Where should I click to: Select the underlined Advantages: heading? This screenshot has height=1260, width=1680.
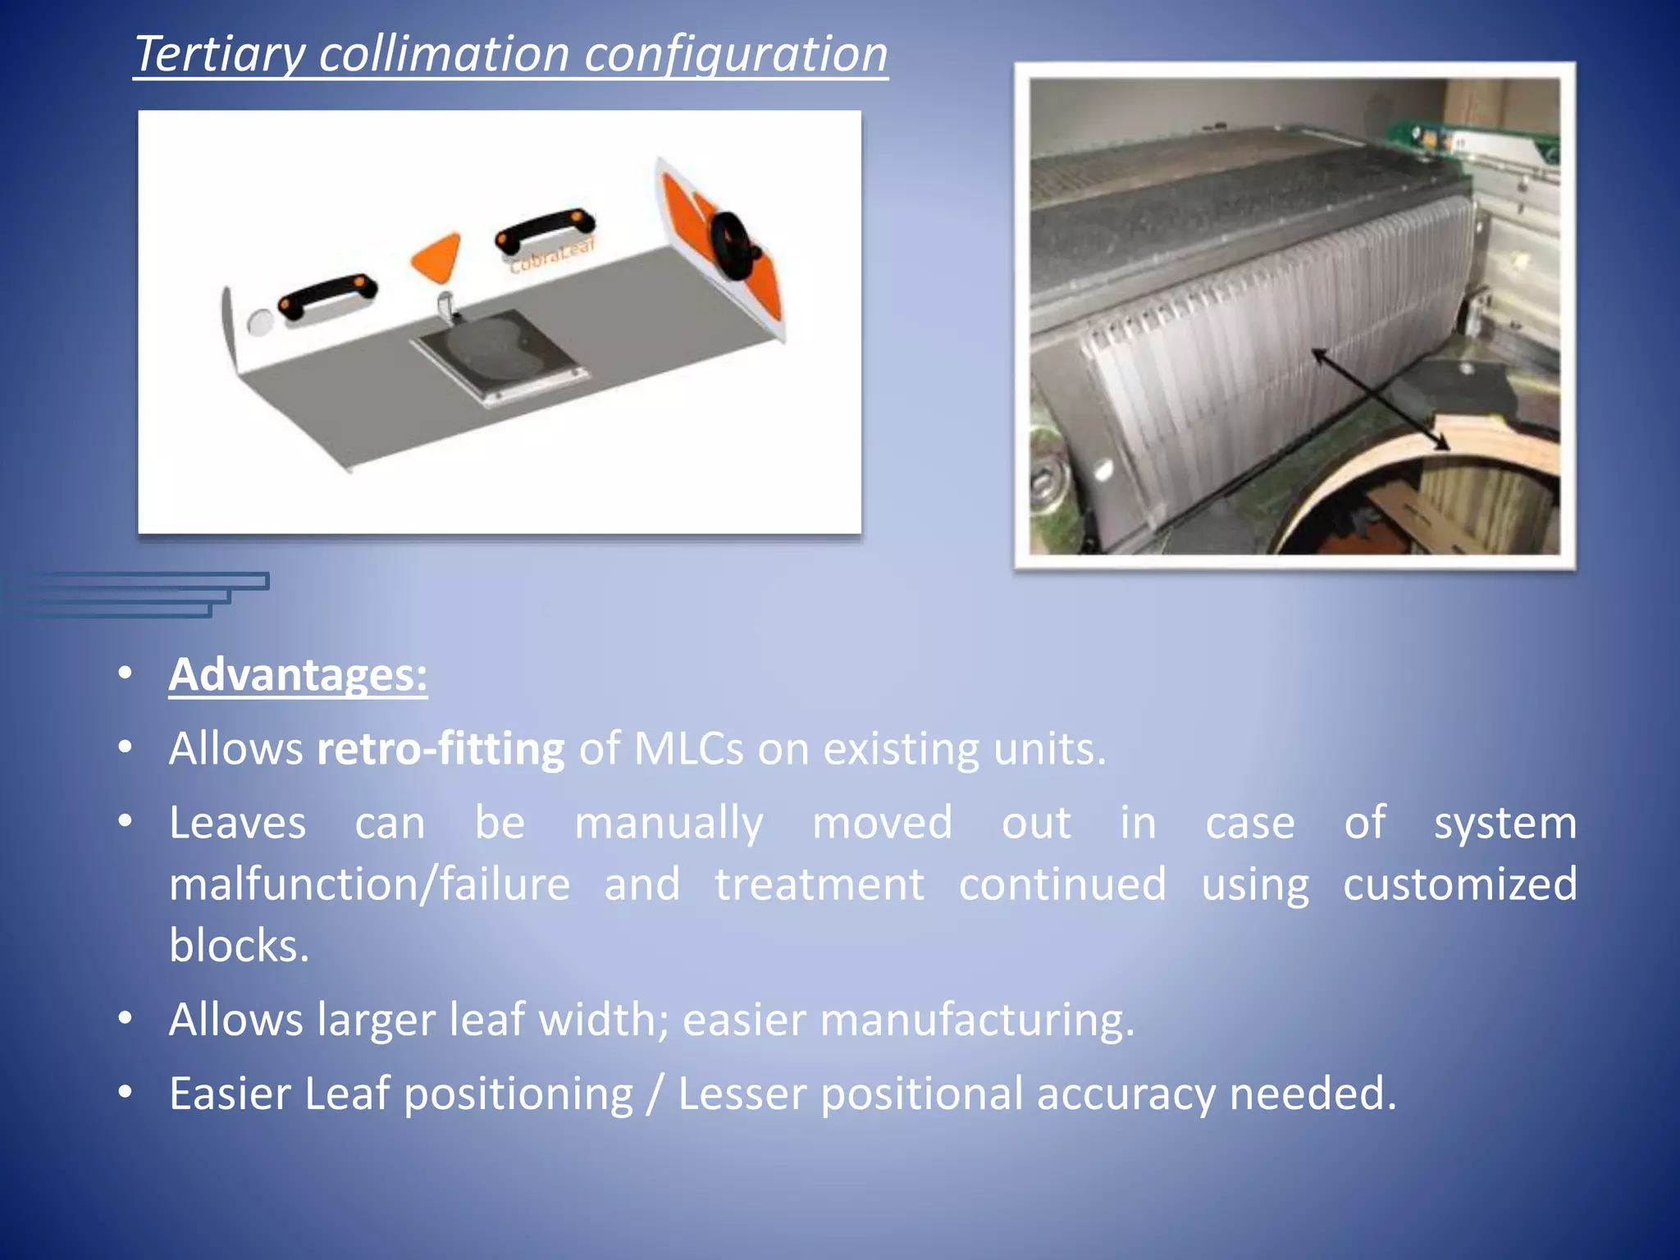click(x=298, y=675)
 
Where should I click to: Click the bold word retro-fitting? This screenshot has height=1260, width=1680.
click(x=441, y=749)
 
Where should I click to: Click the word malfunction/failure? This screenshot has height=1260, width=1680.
click(x=369, y=884)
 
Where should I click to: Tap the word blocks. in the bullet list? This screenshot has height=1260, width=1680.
click(x=239, y=945)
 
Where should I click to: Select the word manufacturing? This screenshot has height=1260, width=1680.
click(x=977, y=1020)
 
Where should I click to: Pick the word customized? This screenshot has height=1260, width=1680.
click(x=1459, y=884)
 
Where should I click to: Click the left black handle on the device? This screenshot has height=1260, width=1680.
click(x=327, y=294)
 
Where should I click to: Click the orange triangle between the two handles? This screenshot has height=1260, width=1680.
click(x=436, y=254)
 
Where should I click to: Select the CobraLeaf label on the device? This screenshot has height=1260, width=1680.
click(x=551, y=256)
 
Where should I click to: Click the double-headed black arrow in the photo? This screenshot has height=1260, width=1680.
click(x=1380, y=399)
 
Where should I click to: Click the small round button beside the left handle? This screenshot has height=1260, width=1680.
click(x=259, y=322)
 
